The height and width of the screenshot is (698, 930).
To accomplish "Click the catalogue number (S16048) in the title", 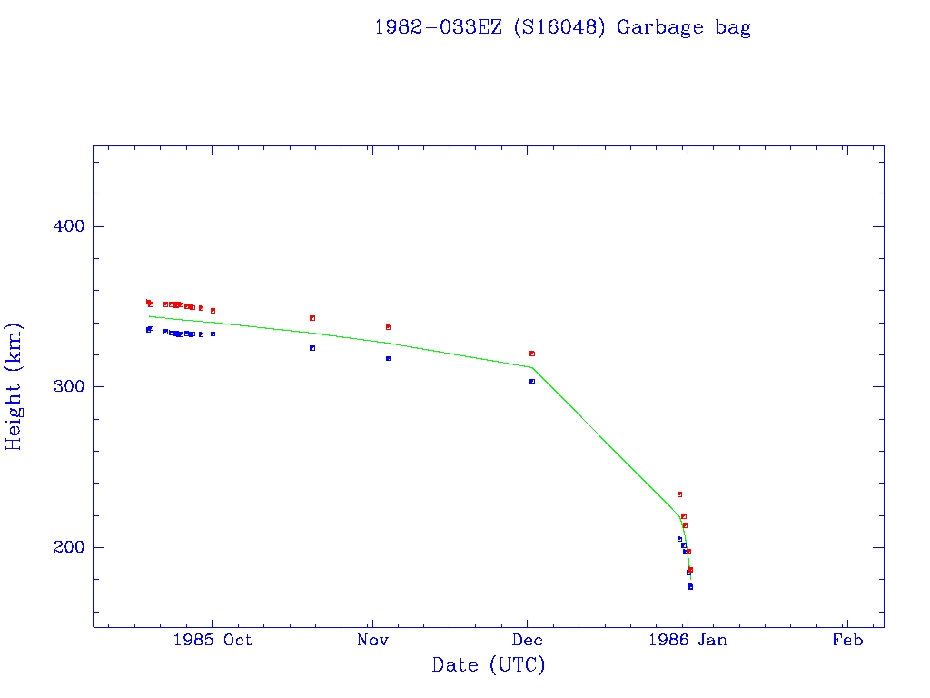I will (x=559, y=27).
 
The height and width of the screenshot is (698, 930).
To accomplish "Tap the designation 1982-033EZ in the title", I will (x=437, y=27).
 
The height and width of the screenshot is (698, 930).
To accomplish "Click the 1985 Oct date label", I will (x=213, y=641).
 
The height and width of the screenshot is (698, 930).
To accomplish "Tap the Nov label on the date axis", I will (x=372, y=641).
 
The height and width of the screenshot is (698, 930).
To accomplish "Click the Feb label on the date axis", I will (x=846, y=641).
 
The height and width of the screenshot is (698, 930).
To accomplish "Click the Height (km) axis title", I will (x=15, y=386).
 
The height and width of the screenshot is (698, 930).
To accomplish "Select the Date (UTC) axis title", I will (x=489, y=665).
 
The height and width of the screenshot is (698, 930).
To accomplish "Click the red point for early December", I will (x=532, y=354).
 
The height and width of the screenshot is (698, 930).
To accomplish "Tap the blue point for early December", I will (x=532, y=381).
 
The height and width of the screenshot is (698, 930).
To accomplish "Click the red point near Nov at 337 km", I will (x=388, y=327).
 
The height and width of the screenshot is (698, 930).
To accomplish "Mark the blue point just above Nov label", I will (x=388, y=358).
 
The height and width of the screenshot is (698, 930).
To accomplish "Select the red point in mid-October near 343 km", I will (x=312, y=318).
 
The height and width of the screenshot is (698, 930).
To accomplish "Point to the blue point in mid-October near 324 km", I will (x=312, y=348).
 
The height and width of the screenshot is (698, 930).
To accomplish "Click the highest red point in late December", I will (x=679, y=494).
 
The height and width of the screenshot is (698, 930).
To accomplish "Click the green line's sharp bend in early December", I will (x=532, y=367).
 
